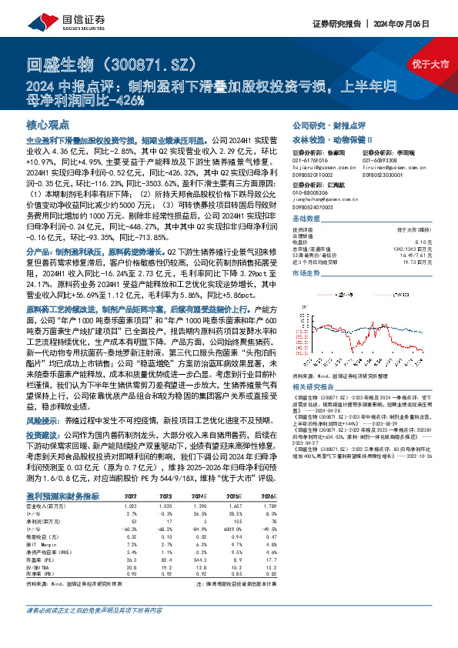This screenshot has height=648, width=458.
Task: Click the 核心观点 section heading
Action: (47, 124)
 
